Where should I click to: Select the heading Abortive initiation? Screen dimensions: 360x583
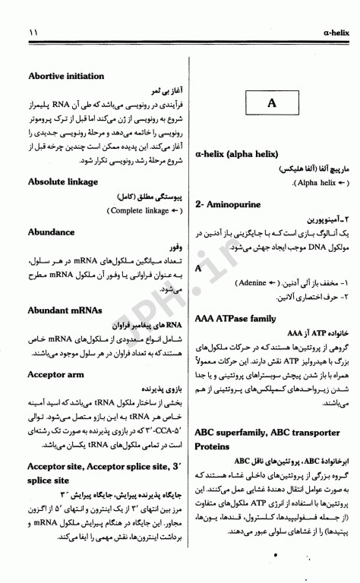(x=66, y=77)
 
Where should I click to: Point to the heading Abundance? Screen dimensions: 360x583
(x=51, y=232)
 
